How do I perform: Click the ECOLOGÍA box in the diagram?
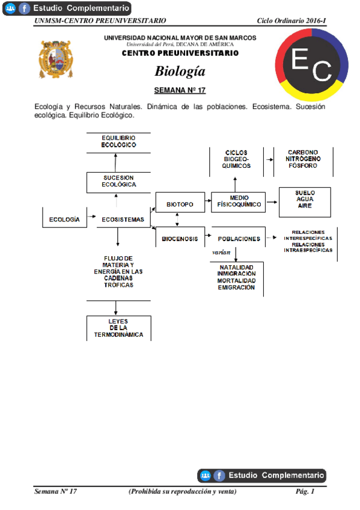point(64,220)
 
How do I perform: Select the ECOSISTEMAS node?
point(123,220)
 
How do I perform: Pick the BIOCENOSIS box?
point(180,239)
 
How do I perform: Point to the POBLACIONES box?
point(239,239)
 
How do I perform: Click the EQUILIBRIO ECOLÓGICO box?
point(118,142)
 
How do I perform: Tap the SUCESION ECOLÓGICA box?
point(118,182)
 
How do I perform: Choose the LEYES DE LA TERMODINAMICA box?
point(118,328)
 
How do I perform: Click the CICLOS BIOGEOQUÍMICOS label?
point(236,161)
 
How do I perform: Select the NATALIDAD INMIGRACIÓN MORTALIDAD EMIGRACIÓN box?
point(236,277)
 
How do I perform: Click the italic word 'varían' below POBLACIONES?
point(221,253)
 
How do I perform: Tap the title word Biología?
point(180,71)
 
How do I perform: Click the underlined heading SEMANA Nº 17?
point(180,90)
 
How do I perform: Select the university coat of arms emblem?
point(56,59)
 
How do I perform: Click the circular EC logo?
point(312,65)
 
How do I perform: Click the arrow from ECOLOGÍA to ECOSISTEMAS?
point(92,215)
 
